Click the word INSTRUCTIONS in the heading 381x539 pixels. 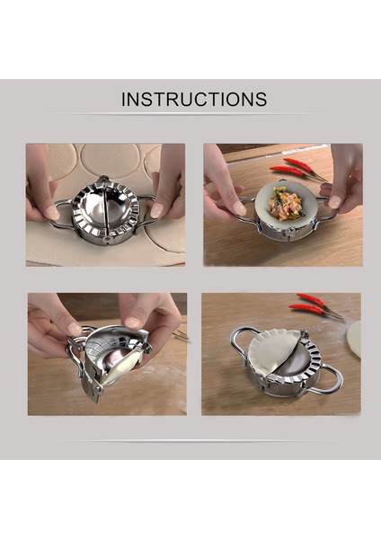coord(194,99)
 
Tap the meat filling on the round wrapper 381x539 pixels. coord(285,203)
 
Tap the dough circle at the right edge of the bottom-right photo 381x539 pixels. coord(355,336)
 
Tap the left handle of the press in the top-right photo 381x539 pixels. coord(245,208)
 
